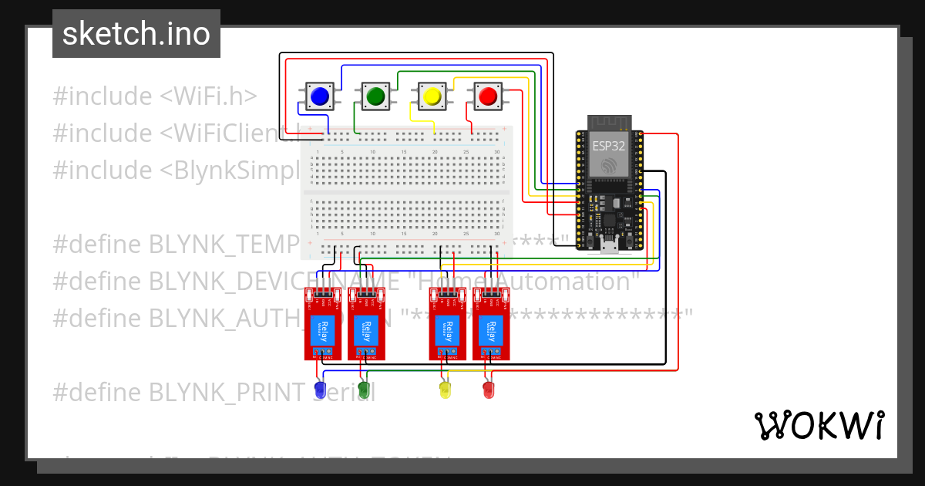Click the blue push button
pos(318,96)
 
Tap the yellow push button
pos(431,96)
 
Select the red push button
pos(487,96)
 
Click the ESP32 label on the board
pos(609,144)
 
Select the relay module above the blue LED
pos(324,324)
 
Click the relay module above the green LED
pos(367,324)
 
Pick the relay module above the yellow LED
pos(448,324)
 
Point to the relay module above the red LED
pos(491,324)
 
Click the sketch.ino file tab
pos(136,34)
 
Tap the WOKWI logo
pos(819,425)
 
